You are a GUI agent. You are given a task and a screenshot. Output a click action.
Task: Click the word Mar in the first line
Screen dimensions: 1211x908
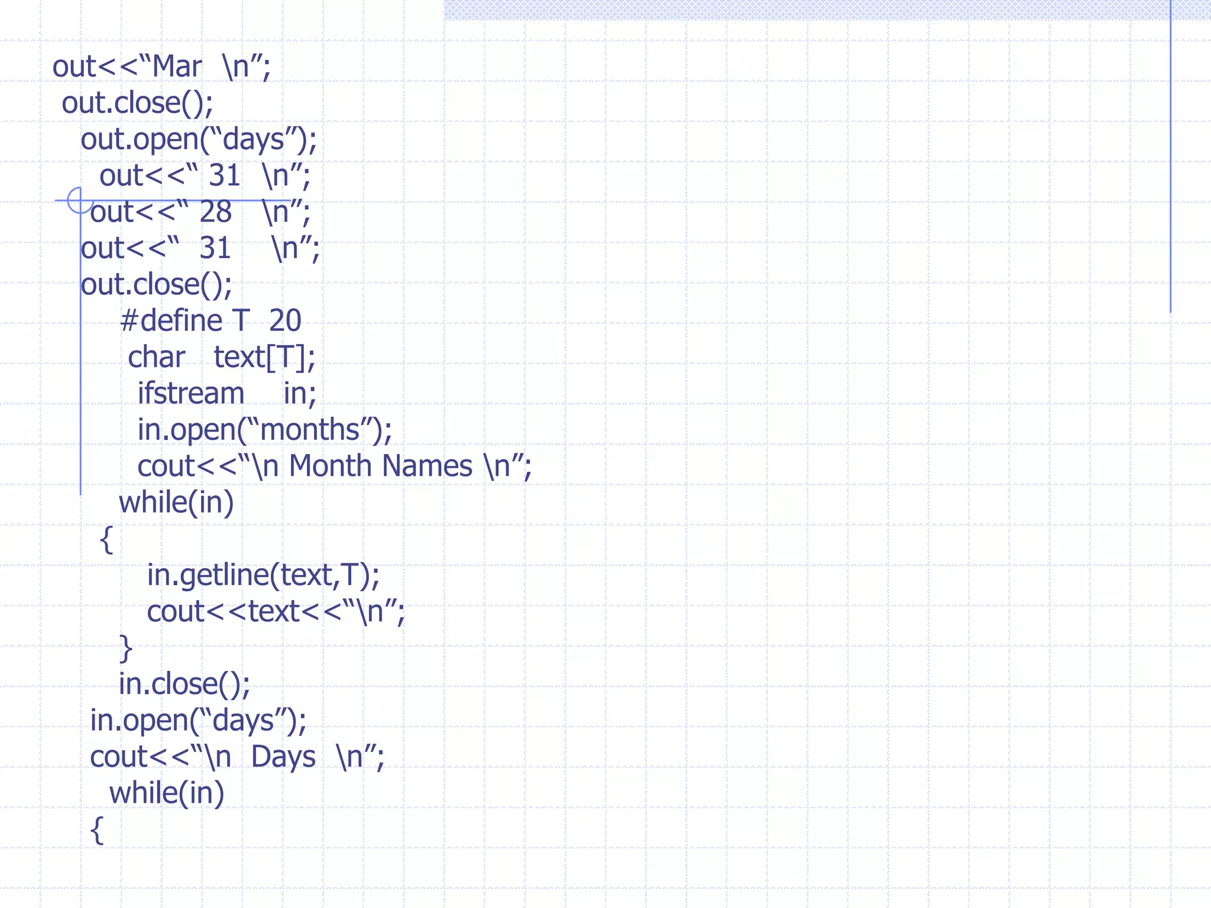point(177,67)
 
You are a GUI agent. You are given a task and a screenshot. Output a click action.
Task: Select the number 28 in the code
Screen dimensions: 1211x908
point(215,212)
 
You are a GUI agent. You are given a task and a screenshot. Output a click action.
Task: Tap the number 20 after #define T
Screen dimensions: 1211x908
point(285,321)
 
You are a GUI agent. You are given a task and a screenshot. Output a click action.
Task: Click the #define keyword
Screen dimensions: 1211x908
point(171,321)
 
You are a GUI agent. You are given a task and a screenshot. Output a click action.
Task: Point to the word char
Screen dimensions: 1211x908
point(157,358)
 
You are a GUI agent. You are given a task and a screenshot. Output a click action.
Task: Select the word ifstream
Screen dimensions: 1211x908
point(190,394)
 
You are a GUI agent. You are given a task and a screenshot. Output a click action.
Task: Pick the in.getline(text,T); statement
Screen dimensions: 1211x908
point(263,575)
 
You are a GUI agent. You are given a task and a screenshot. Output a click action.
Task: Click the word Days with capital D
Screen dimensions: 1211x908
point(283,757)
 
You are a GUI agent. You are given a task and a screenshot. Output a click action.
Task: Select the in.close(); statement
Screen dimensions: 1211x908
point(184,685)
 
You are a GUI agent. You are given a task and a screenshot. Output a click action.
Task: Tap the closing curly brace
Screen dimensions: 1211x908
point(126,648)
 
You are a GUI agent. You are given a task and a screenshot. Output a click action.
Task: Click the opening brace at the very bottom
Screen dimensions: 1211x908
point(98,830)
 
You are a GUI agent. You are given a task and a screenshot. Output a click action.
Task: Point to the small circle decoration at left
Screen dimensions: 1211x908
point(79,200)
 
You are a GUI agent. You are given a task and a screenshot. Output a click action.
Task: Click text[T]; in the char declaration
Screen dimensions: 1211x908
point(264,358)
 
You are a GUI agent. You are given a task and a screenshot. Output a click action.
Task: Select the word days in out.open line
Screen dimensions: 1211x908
point(254,140)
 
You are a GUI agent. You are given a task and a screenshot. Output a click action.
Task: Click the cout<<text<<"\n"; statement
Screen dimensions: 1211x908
point(276,612)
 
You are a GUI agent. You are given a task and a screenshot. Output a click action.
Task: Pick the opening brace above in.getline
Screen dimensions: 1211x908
point(106,539)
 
